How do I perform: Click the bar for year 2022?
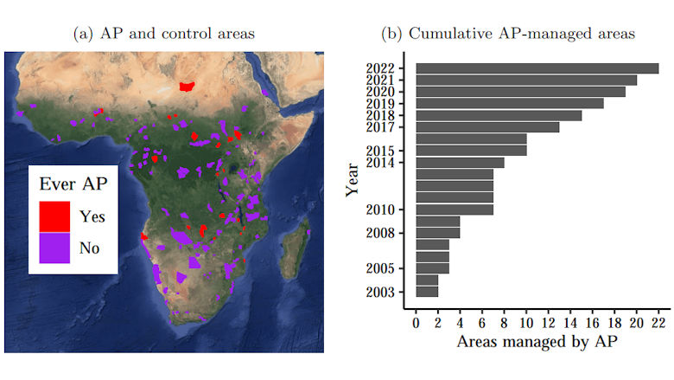click(x=537, y=68)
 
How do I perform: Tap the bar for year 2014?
click(x=460, y=162)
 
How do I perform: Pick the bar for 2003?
click(x=427, y=292)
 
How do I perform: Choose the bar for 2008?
click(x=438, y=233)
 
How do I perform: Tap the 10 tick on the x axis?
click(x=526, y=325)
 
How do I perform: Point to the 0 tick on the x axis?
click(x=416, y=325)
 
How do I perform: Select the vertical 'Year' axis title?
click(x=352, y=180)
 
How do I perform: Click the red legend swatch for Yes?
click(x=54, y=215)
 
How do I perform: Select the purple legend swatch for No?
click(x=54, y=248)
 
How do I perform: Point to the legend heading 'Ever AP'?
click(x=73, y=184)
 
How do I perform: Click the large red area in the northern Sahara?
click(x=186, y=86)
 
